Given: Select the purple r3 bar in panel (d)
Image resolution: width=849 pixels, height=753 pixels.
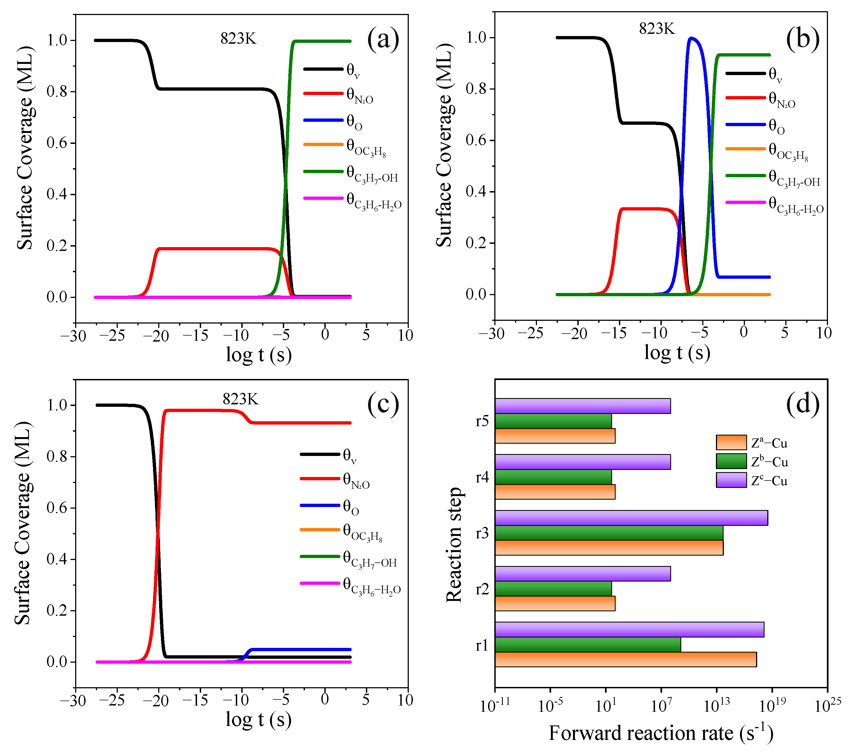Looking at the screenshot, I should tap(631, 518).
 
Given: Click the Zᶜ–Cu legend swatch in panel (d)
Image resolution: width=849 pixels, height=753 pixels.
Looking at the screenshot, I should tap(731, 480).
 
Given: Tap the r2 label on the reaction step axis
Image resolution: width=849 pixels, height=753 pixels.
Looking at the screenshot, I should tap(482, 589).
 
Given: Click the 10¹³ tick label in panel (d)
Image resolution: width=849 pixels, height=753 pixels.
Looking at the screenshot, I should tap(716, 706).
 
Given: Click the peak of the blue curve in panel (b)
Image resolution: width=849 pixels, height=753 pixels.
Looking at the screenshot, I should tap(691, 38).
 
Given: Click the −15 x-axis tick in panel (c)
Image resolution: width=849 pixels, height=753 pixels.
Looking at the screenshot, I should tap(195, 701).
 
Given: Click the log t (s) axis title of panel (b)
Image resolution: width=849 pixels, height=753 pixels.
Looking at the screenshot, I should tap(677, 353).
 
